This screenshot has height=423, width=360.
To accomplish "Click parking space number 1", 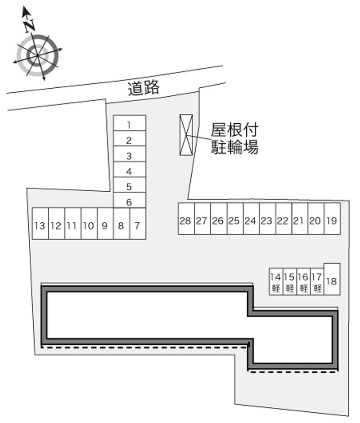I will click(129, 123).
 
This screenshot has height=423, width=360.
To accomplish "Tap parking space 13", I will click(40, 224).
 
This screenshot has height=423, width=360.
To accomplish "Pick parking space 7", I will click(137, 224).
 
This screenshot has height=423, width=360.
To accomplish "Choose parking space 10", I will click(89, 224).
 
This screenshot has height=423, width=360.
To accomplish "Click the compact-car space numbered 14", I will click(276, 282).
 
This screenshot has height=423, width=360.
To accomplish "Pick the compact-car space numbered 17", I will click(317, 282).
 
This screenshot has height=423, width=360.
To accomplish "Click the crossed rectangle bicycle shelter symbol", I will click(186, 135).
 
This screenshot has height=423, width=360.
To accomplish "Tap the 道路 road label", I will click(144, 88).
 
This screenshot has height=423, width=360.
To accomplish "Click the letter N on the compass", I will click(30, 26).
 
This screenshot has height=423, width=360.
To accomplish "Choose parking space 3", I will click(129, 156).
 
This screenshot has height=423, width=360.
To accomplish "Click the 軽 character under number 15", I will click(290, 288).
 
